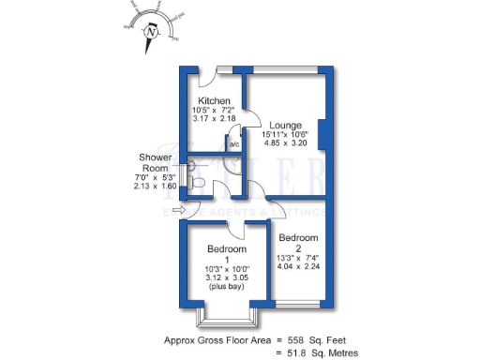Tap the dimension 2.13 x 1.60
coord(155,186)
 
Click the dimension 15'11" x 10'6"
coord(290,135)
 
